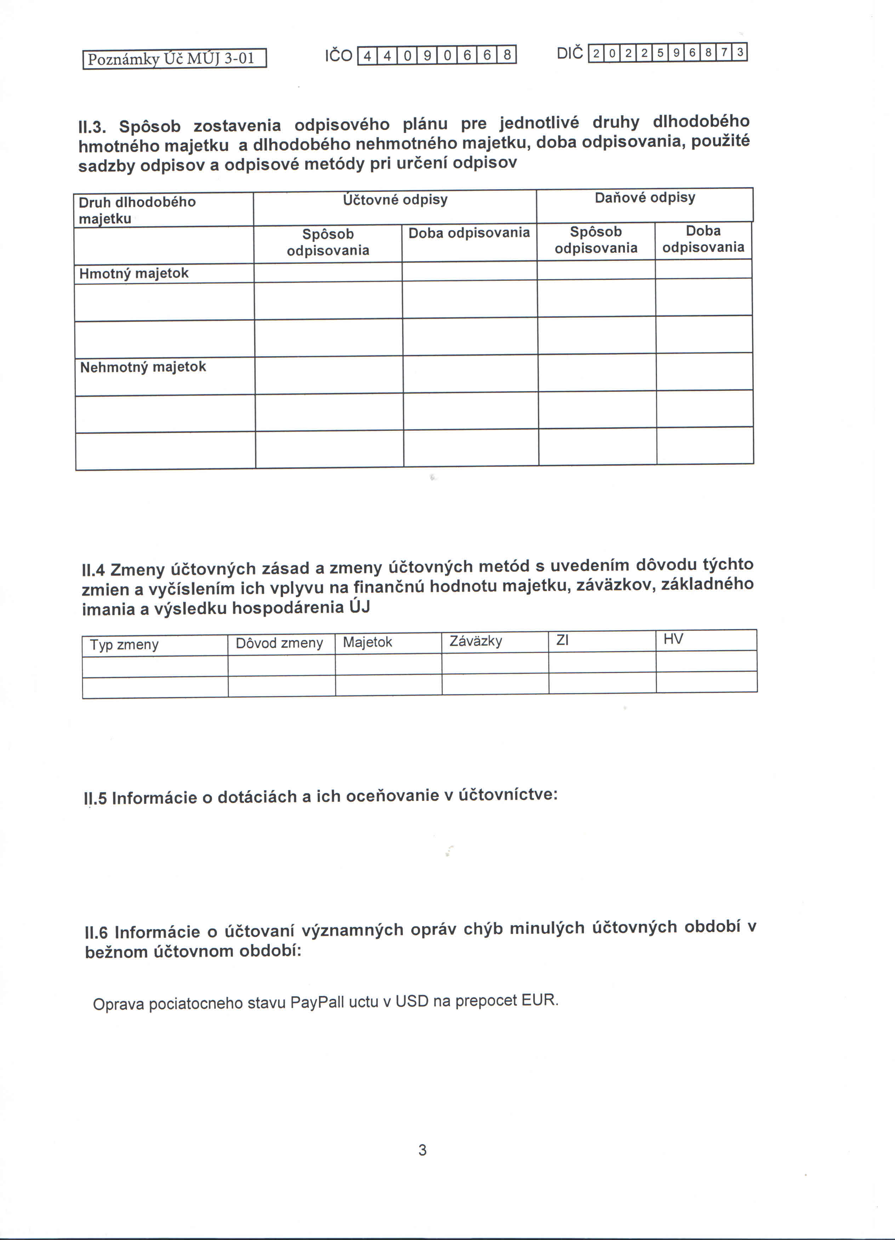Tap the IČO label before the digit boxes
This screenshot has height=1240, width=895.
coord(338,56)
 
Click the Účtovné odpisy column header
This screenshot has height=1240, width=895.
coord(395,200)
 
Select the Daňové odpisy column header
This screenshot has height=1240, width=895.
coord(645,198)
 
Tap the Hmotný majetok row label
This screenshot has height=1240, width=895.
coord(134,273)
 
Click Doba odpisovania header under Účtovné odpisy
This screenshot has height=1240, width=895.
coord(469,234)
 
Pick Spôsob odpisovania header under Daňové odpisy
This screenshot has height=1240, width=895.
coord(596,240)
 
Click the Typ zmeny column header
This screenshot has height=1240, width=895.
coord(124,645)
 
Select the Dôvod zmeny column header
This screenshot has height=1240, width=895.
coord(279,643)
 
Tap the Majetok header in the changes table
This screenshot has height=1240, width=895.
coord(367,642)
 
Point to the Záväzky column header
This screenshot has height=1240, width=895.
coord(475,641)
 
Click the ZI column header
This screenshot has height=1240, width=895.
coord(562,640)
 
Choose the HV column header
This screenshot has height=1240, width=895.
coord(673,639)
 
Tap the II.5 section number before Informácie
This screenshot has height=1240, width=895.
coord(95,798)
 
